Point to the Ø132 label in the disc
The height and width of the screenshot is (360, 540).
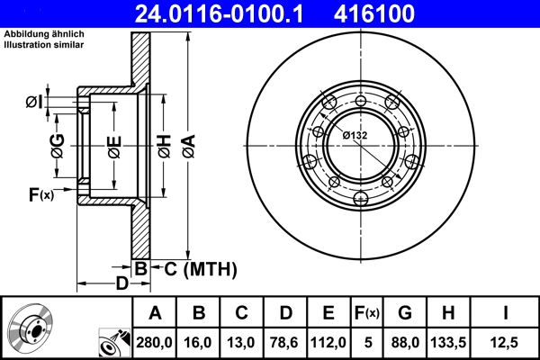[355, 135]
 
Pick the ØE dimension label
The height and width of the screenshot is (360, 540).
[114, 146]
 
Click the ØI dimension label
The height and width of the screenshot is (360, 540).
[32, 102]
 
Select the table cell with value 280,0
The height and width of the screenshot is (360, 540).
[155, 342]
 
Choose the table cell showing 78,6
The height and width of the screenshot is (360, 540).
[284, 342]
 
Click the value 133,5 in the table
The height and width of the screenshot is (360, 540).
[449, 342]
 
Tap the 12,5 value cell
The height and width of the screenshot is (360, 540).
[505, 342]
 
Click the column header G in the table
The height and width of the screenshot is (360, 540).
[404, 313]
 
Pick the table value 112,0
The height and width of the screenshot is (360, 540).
[328, 342]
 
